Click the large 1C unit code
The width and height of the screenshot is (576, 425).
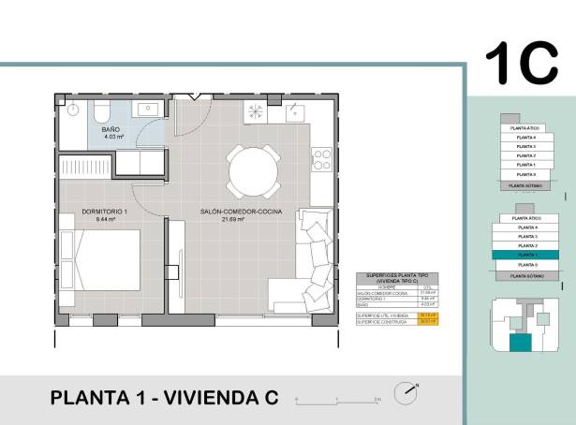pyautogui.click(x=521, y=64)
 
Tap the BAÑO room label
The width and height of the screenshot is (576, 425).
pyautogui.click(x=111, y=129)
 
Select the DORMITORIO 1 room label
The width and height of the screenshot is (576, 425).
pyautogui.click(x=104, y=212)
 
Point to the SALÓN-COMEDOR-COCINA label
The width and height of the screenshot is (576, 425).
pyautogui.click(x=241, y=212)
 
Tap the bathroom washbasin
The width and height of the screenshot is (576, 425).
pyautogui.click(x=148, y=110)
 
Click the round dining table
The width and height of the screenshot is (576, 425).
pyautogui.click(x=253, y=171)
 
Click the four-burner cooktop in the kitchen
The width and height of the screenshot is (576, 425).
pyautogui.click(x=322, y=159)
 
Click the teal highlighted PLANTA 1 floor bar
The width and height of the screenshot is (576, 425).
pyautogui.click(x=528, y=255)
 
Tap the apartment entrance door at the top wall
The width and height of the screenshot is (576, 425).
pyautogui.click(x=193, y=97)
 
